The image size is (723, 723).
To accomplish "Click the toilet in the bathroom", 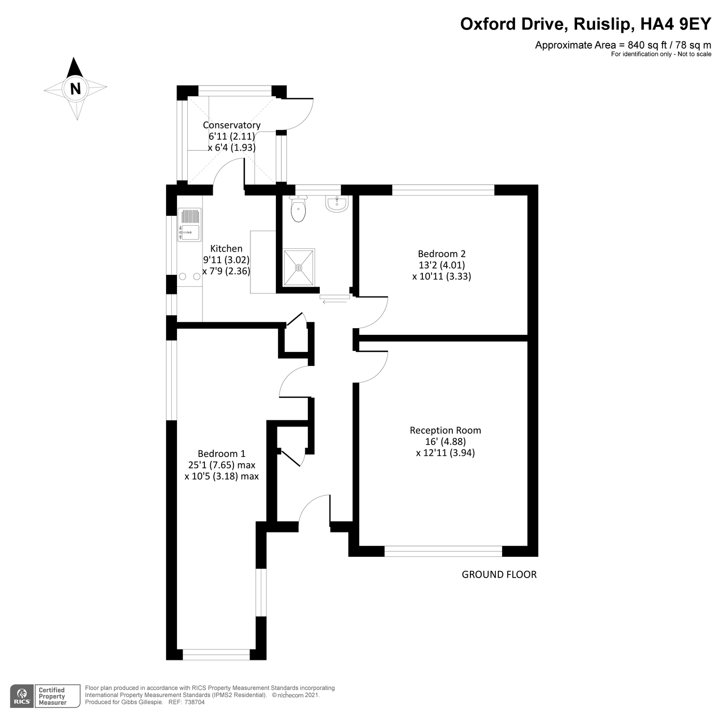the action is pyautogui.click(x=299, y=210).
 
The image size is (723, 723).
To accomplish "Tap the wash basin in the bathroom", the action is pyautogui.click(x=336, y=204).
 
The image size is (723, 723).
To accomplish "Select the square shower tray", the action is pyautogui.click(x=299, y=268).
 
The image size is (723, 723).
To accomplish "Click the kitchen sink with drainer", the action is pyautogui.click(x=189, y=225).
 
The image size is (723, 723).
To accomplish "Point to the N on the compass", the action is pyautogui.click(x=76, y=88).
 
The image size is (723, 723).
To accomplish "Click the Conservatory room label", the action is pyautogui.click(x=231, y=125).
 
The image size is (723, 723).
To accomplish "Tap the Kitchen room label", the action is pyautogui.click(x=226, y=249).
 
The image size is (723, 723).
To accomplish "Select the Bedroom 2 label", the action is pyautogui.click(x=441, y=254).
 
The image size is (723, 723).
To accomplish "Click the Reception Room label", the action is pyautogui.click(x=445, y=430).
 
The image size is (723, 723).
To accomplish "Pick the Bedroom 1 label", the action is pyautogui.click(x=222, y=454).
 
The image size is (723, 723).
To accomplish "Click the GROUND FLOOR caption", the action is pyautogui.click(x=499, y=574).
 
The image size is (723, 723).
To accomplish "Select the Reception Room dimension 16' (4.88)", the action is pyautogui.click(x=445, y=441).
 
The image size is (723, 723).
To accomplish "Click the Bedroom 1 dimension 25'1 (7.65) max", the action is pyautogui.click(x=222, y=465).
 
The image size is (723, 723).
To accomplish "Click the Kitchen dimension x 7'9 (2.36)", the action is pyautogui.click(x=226, y=271).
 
